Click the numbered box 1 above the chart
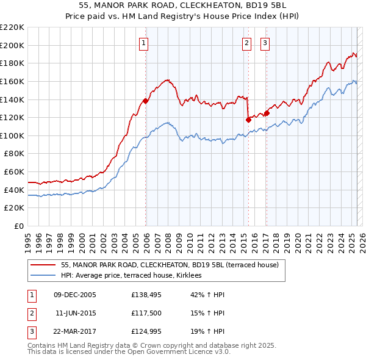pos(143,43)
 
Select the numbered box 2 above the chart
pos(246,43)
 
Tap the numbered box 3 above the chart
pos(265,43)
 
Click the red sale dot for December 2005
pos(145,101)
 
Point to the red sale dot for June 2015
pos(248,120)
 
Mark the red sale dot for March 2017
pos(267,113)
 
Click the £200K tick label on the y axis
pos(12,45)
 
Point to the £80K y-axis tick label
pos(15,154)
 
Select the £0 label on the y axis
pos(20,226)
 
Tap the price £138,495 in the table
pos(145,295)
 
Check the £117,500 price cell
pos(145,314)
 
